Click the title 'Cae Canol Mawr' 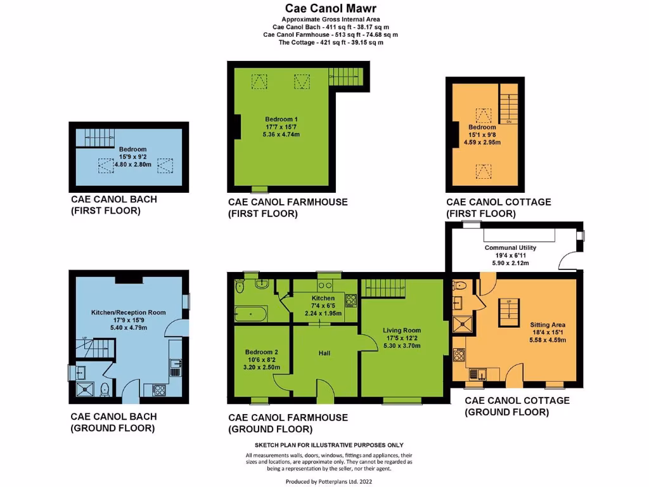tap(324, 9)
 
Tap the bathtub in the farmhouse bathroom tap(252, 313)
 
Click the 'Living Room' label tap(401, 330)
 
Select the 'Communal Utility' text tap(510, 247)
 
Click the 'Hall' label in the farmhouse tap(324, 353)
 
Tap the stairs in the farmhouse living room tap(383, 288)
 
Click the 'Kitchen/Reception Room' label tap(129, 312)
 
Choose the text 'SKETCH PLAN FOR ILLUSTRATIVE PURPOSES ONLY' tap(328, 445)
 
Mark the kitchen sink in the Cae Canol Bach tap(176, 367)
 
